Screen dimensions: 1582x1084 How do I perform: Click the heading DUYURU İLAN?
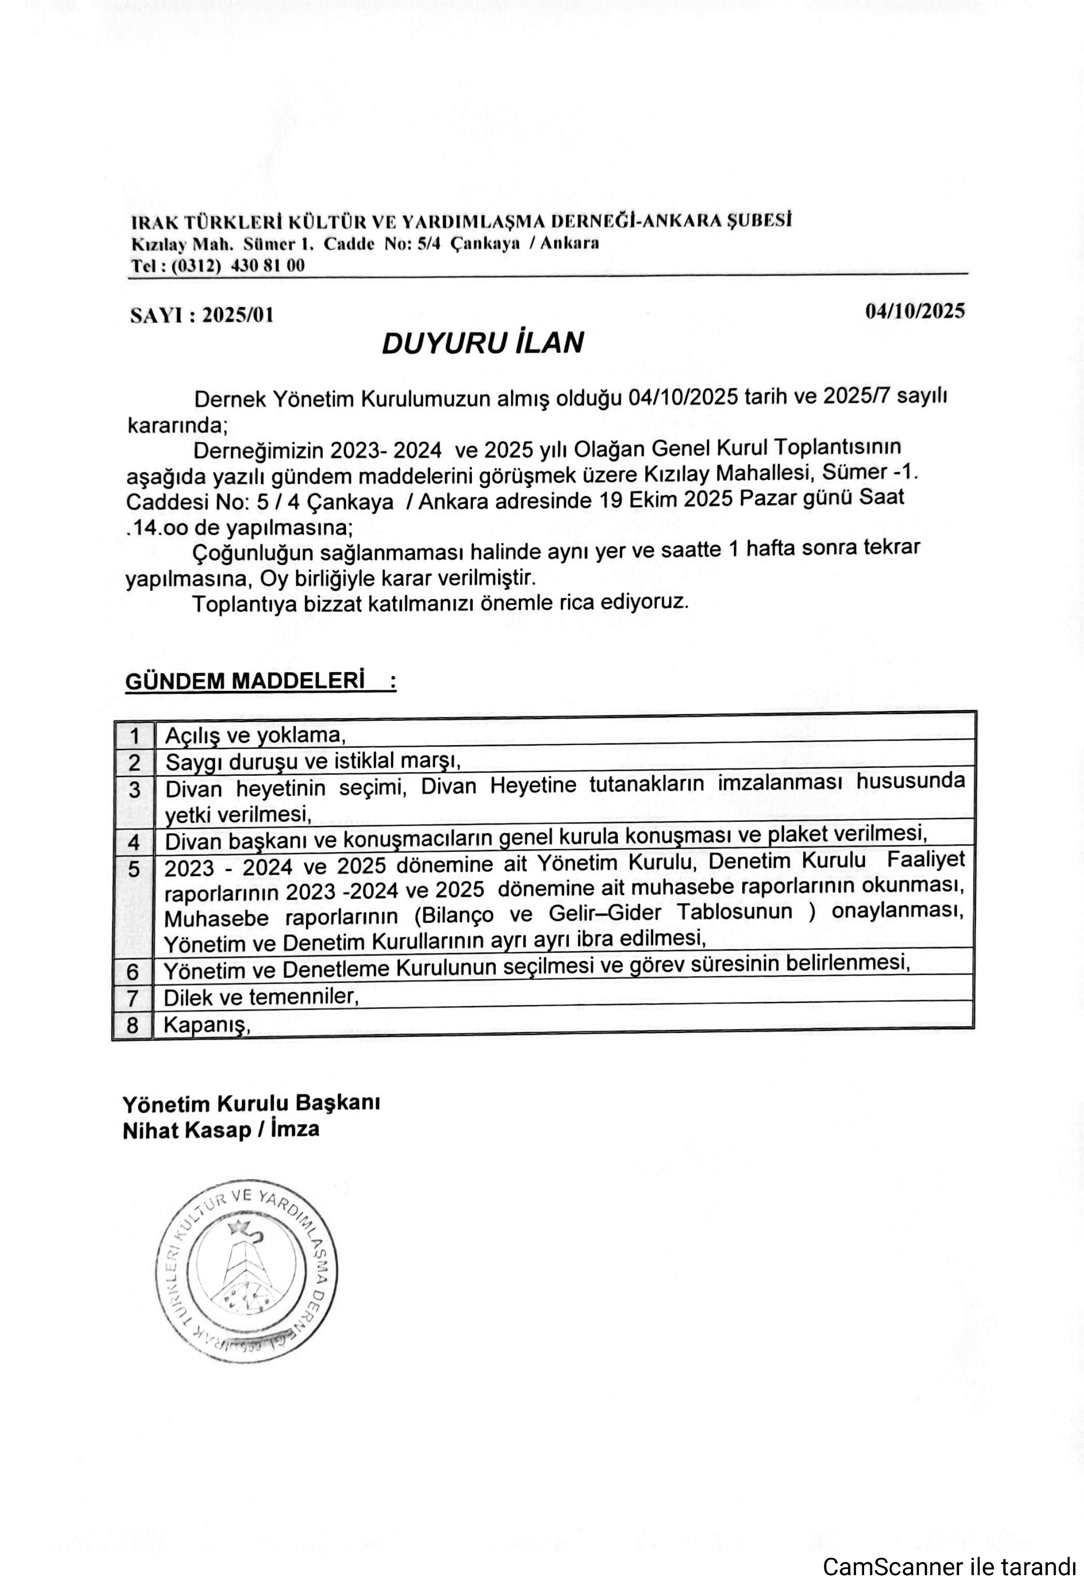(482, 342)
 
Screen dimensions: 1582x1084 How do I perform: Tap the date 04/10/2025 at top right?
(915, 311)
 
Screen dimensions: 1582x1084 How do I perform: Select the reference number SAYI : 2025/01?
(202, 315)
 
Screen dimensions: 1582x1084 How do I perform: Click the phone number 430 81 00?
(268, 266)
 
